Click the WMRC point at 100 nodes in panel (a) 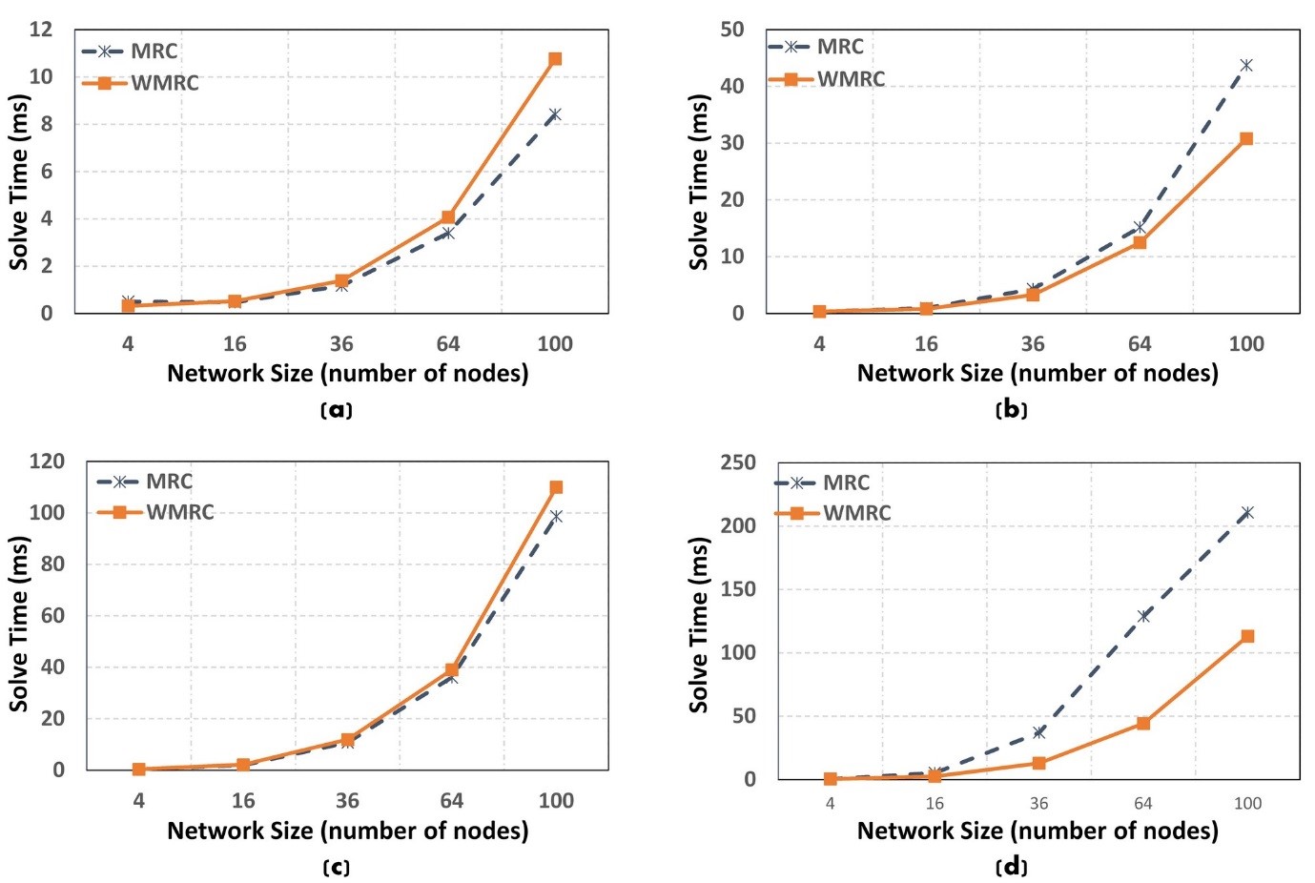click(555, 59)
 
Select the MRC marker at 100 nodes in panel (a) click(555, 114)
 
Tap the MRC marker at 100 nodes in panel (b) click(1245, 66)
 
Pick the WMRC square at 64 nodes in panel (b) click(1140, 242)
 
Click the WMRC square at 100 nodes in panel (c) click(556, 487)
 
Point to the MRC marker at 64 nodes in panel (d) click(1143, 616)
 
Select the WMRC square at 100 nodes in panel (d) click(1247, 636)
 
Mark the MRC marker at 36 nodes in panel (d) click(1038, 732)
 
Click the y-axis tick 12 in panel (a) click(41, 30)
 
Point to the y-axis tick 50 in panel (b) click(731, 30)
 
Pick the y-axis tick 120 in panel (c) click(47, 462)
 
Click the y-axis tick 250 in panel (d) click(737, 462)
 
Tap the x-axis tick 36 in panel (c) click(347, 801)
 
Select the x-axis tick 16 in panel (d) click(934, 804)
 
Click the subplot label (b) click(1011, 410)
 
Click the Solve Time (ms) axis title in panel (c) click(19, 623)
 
